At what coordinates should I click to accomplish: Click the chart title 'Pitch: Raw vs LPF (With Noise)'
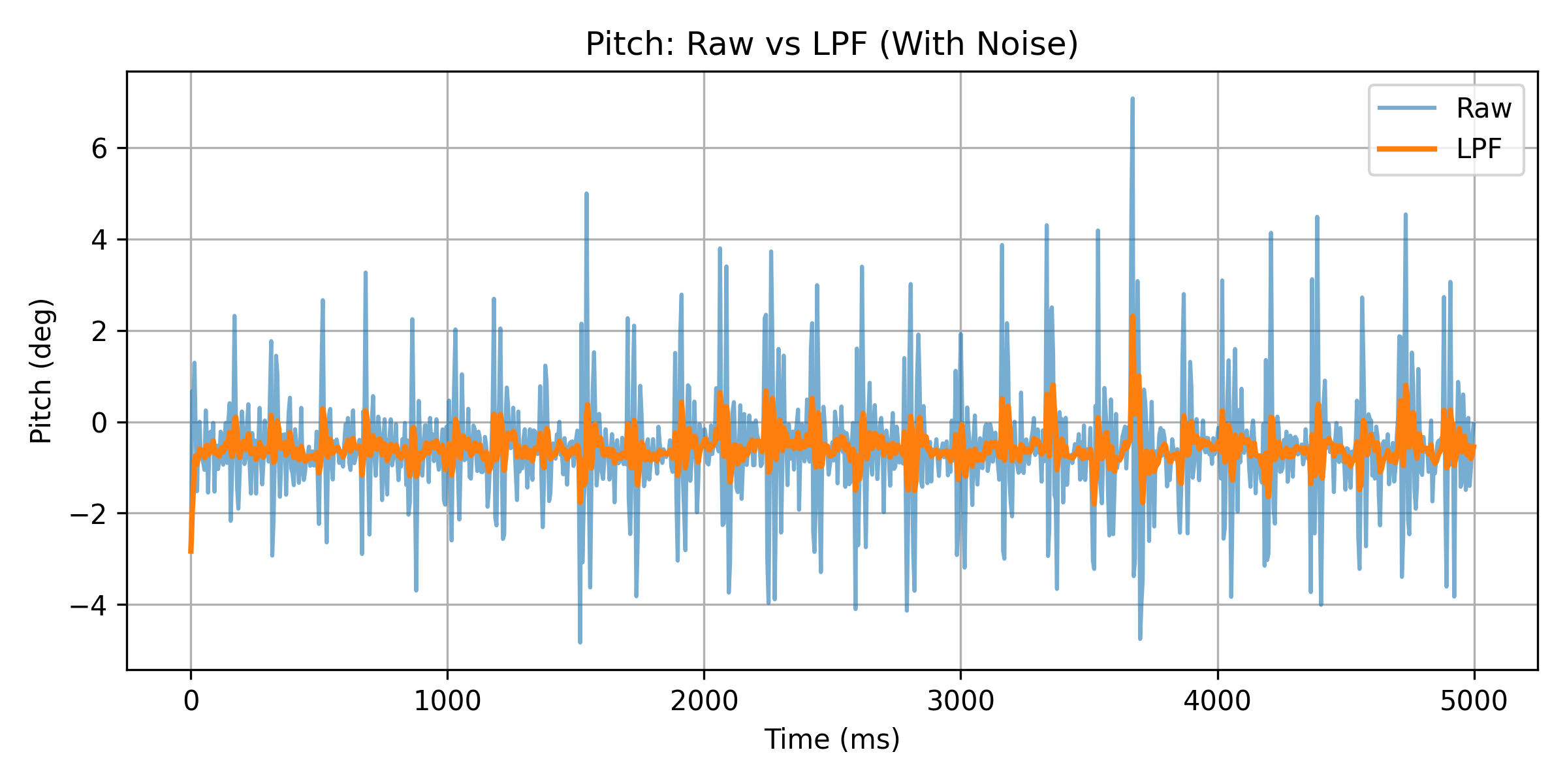pos(831,44)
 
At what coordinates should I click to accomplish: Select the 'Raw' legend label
pos(1483,108)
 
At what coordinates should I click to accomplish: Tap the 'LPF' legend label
pos(1478,149)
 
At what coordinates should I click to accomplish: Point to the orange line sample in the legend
pos(1406,149)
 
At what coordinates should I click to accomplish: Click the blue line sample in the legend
pos(1406,108)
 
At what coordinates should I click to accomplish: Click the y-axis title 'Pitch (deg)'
pos(41,370)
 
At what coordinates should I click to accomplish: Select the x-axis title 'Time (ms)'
pos(832,740)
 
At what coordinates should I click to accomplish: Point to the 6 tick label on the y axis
pos(99,149)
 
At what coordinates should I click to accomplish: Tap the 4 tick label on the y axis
pos(99,240)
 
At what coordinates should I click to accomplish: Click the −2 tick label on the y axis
pos(88,514)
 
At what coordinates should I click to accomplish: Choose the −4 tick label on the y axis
pos(88,606)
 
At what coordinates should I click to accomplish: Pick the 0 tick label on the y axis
pos(99,423)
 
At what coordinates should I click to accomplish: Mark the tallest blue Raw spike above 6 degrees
pos(1132,100)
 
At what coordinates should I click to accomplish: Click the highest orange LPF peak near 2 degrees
pos(1132,317)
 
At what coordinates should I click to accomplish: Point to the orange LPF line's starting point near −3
pos(191,551)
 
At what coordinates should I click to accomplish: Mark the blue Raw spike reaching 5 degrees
pos(586,194)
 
